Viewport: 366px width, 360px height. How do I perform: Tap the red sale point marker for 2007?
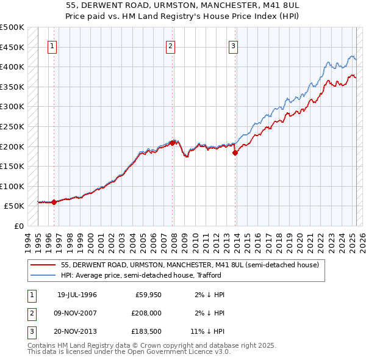[x=173, y=143]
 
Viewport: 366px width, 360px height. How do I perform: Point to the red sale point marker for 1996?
[x=54, y=202]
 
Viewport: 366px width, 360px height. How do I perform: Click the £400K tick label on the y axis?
[x=13, y=67]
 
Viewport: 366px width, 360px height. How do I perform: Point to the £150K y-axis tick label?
[x=13, y=166]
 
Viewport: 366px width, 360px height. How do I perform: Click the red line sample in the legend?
[x=42, y=265]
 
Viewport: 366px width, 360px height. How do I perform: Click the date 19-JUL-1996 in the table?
[x=77, y=295]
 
